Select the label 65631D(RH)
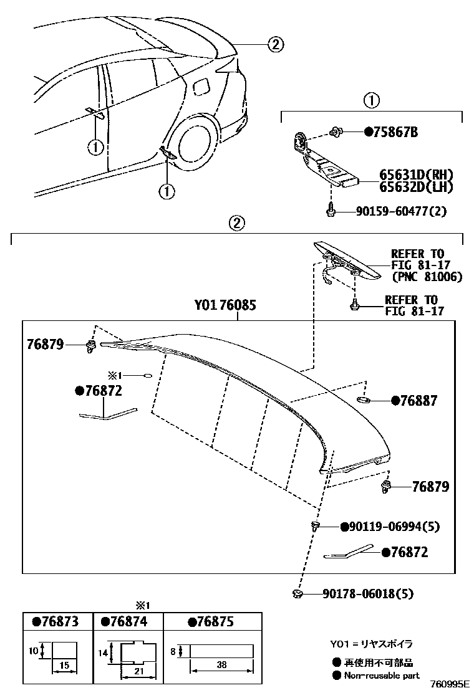tap(416, 174)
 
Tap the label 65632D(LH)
tap(416, 186)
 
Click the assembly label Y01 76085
tap(225, 305)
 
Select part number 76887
tap(419, 401)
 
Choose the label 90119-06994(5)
tap(394, 527)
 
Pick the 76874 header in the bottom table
tap(128, 621)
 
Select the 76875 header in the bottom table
tap(211, 621)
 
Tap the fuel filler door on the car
tap(203, 88)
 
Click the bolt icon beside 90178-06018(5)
tap(297, 594)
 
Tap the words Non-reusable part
tap(381, 675)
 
